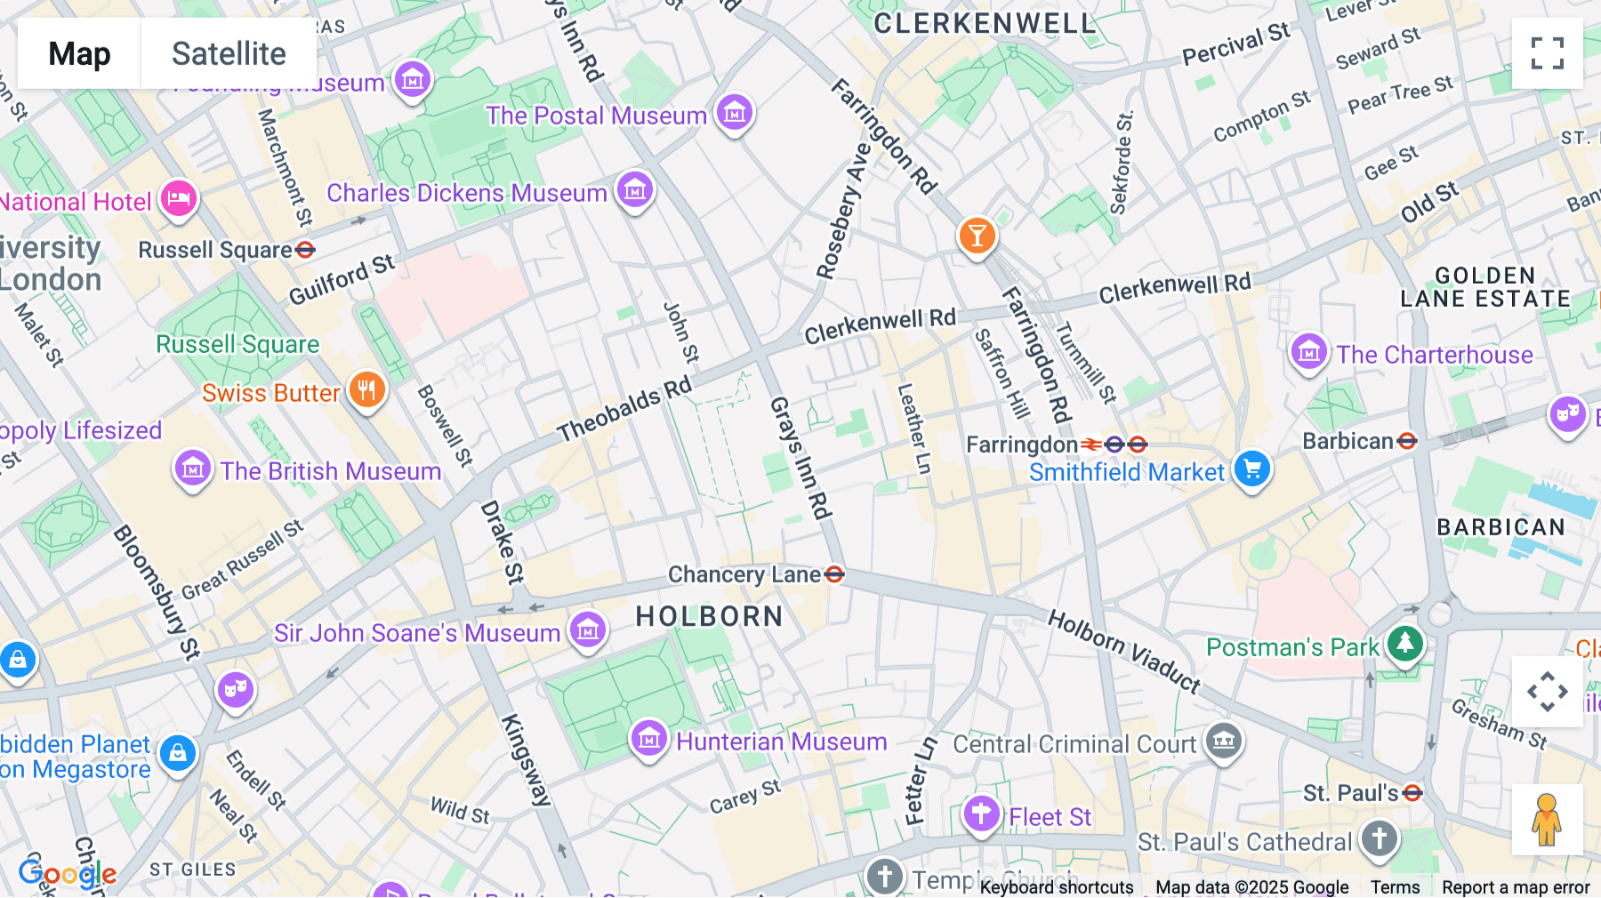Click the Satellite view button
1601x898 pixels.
coord(229,53)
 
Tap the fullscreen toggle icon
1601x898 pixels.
coord(1547,53)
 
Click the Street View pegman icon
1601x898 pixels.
coord(1547,820)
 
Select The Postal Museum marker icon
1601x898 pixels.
coord(735,113)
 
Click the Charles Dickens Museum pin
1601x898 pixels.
coord(635,190)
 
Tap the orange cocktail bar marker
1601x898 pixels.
coord(977,237)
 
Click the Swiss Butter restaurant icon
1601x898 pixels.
coord(366,389)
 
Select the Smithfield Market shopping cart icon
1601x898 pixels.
coord(1252,468)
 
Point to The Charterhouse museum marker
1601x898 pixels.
coord(1309,352)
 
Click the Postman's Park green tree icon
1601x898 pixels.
coord(1405,643)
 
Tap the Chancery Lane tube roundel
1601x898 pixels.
coord(834,574)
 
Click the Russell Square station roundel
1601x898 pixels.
coord(305,250)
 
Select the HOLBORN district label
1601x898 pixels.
coord(709,616)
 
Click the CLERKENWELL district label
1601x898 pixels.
coord(985,24)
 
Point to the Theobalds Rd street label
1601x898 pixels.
coord(624,410)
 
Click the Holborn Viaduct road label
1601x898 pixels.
coord(1124,651)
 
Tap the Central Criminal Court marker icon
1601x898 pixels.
coord(1224,740)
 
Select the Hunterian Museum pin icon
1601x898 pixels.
coord(649,738)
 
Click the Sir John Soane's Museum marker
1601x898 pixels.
coord(587,630)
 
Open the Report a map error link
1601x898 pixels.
coord(1516,887)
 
